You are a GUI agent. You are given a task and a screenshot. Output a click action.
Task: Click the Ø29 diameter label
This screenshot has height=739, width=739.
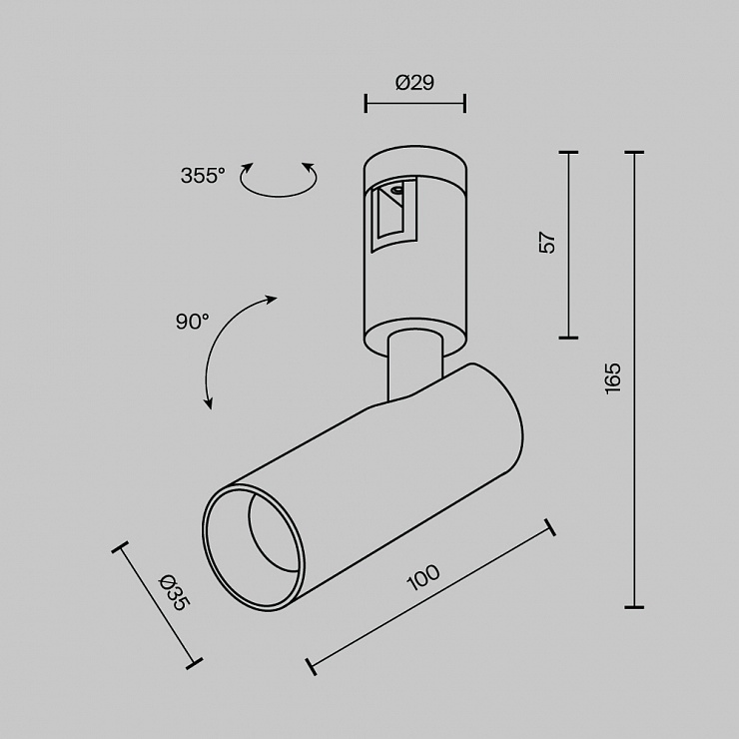coord(414,83)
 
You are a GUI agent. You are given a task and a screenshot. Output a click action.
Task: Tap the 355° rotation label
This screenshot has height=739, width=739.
coord(203,176)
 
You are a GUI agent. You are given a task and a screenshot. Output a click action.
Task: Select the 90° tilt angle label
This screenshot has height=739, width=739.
coord(193,322)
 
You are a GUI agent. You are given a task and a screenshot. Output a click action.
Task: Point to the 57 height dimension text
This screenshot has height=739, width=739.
coord(547,243)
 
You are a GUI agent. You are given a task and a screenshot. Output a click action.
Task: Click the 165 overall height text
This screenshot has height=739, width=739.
coord(613,378)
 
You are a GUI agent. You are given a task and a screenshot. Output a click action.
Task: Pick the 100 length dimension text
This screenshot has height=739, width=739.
coord(423,577)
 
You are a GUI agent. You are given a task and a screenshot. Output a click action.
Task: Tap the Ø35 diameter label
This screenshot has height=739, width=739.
coord(175,592)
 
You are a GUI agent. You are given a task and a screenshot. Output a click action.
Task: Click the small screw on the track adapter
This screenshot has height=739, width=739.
coord(395,190)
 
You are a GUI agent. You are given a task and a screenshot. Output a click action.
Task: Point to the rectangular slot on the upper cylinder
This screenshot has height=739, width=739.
coord(393,215)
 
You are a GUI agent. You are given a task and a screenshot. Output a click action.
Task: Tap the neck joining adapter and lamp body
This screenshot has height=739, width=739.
coord(414,366)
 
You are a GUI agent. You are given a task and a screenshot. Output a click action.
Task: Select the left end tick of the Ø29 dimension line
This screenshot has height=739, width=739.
coord(366,103)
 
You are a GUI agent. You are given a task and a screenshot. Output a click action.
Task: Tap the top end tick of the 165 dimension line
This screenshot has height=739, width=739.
coord(634,153)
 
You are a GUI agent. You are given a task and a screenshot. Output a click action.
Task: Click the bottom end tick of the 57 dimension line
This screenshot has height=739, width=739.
coord(568,338)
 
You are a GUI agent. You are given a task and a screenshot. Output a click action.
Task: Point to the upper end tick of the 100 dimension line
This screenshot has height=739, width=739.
coord(549,527)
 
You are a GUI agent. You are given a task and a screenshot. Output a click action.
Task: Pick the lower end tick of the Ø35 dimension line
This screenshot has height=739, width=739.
coord(194,663)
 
